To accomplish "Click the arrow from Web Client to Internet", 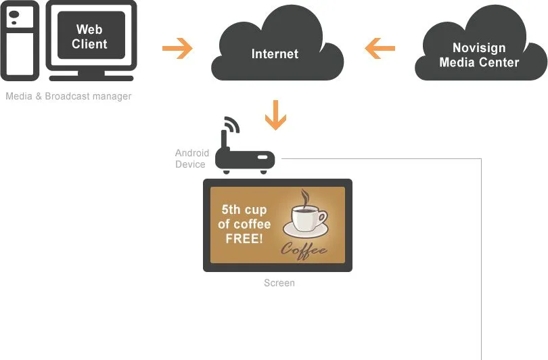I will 177,49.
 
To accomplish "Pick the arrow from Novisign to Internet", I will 380,49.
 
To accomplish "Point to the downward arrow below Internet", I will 275,114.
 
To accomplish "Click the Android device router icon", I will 245,160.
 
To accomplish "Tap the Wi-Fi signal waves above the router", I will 232,125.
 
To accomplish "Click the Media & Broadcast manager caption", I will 68,96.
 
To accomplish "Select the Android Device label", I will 192,158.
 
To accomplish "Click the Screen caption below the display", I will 279,283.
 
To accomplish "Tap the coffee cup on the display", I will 308,219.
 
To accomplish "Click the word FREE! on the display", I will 244,238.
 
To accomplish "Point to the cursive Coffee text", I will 304,250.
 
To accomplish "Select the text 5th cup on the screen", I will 244,209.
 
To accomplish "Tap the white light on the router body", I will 262,159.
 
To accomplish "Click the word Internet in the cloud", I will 275,53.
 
